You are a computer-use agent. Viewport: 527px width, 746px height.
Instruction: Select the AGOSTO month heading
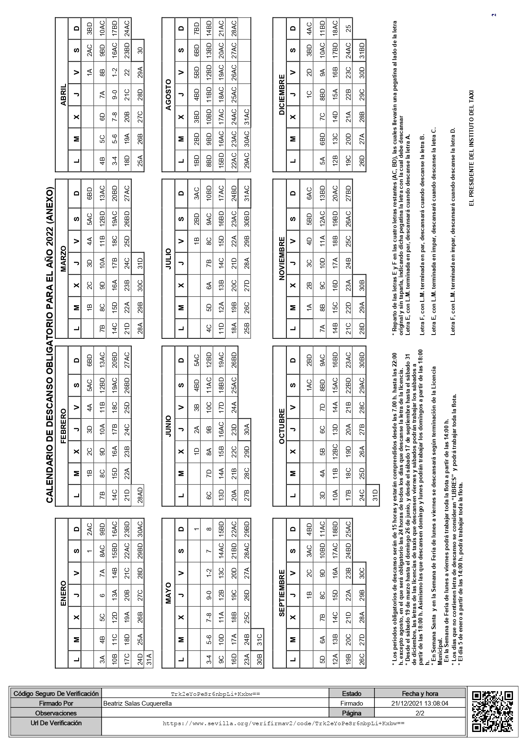168,94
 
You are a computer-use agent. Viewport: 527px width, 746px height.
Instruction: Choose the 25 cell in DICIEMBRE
348,28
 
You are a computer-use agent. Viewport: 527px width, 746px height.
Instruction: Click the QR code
492,711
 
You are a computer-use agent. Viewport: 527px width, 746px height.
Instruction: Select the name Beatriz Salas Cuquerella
137,703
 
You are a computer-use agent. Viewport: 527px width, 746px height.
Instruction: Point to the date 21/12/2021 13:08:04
419,703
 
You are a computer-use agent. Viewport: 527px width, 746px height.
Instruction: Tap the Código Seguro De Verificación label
56,694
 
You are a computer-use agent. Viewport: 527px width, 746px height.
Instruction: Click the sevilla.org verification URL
283,723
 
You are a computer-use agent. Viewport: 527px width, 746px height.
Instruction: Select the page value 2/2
419,713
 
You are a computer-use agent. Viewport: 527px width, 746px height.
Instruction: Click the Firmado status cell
351,703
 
